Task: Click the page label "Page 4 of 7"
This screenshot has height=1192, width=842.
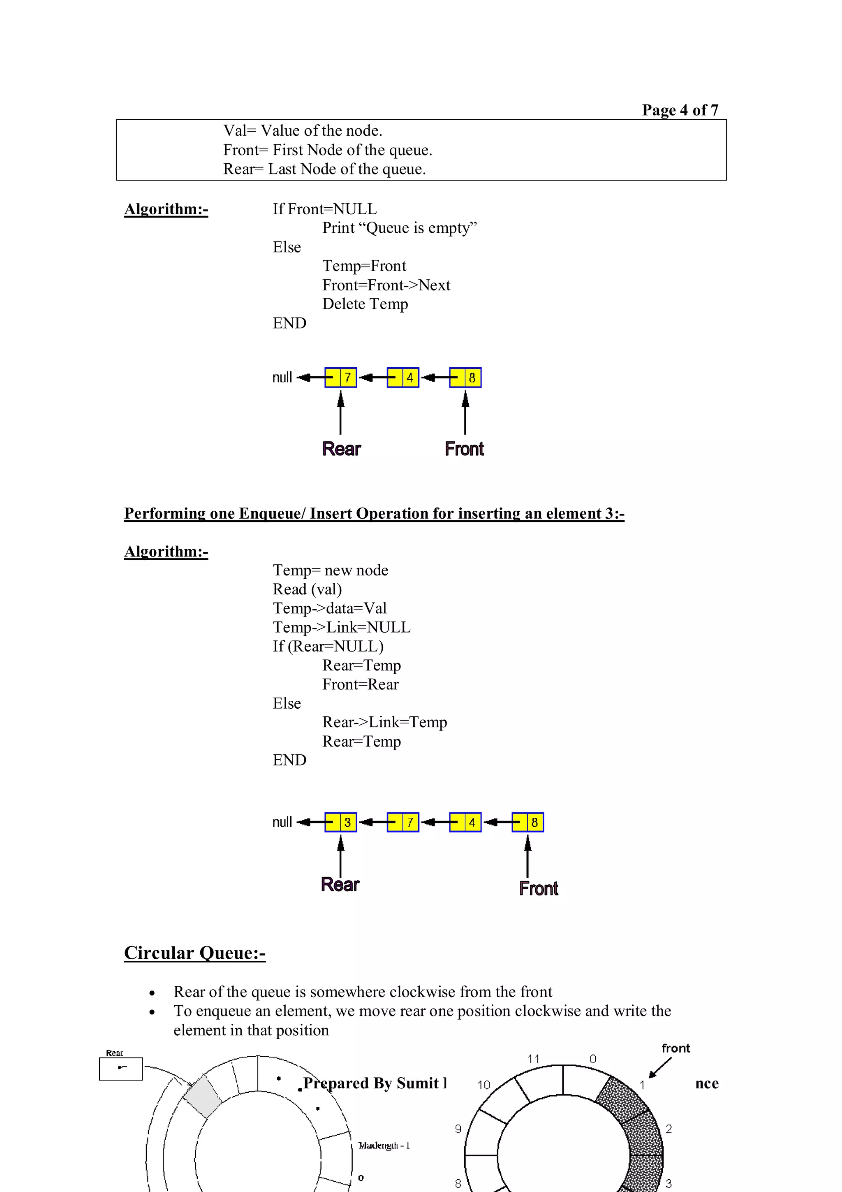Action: point(680,110)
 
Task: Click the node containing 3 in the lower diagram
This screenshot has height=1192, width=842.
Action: point(341,822)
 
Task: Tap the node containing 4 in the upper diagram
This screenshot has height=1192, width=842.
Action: point(403,378)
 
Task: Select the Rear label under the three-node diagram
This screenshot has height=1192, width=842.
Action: point(341,449)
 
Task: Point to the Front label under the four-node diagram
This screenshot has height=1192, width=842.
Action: point(538,888)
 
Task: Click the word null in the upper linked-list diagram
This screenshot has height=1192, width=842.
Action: point(282,378)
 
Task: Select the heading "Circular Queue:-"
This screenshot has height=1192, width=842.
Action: point(194,953)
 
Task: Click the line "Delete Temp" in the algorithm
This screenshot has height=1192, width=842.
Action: point(365,304)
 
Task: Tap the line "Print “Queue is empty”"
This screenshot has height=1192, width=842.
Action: point(399,228)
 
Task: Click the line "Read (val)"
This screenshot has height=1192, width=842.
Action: point(307,589)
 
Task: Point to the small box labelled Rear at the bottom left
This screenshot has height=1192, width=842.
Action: point(121,1069)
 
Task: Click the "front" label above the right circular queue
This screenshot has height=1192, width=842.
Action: point(675,1048)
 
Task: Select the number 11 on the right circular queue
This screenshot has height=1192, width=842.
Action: point(533,1059)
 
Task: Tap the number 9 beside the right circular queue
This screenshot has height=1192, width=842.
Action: point(458,1129)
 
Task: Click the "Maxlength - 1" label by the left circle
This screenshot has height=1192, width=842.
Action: point(384,1145)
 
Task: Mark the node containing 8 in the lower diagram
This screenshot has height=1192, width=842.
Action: point(527,822)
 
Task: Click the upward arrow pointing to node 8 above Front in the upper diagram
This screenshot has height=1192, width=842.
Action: point(465,413)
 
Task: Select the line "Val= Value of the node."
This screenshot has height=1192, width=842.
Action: point(303,131)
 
